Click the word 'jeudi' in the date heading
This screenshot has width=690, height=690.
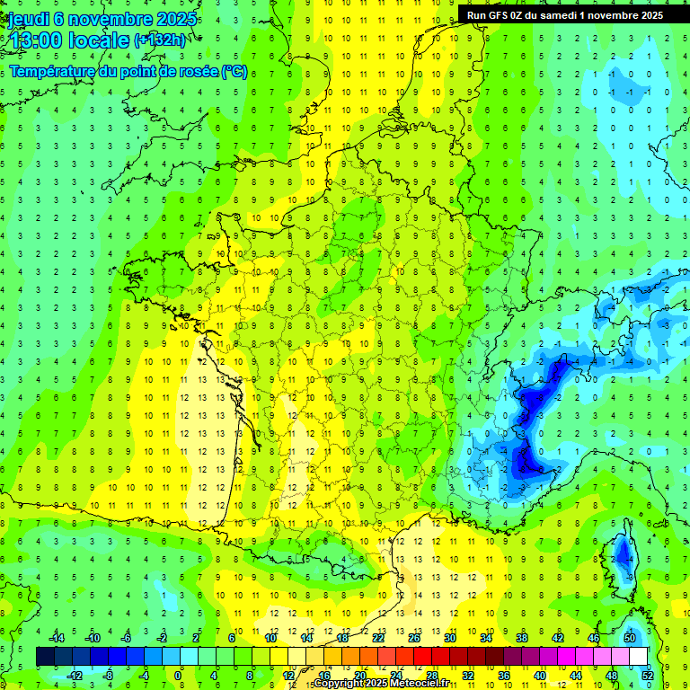[29, 18]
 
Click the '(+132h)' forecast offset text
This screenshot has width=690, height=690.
[160, 40]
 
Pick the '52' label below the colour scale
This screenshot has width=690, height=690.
[647, 675]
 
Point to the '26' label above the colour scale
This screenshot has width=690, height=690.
[414, 638]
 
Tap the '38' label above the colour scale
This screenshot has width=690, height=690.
[521, 638]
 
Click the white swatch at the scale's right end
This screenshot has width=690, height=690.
[638, 657]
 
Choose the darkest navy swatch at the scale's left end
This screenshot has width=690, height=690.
[45, 657]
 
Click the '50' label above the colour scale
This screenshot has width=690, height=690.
[629, 638]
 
